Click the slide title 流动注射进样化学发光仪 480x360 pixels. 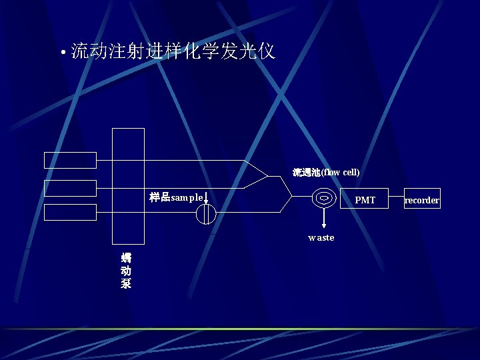[x=173, y=51]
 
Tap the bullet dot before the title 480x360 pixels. [x=62, y=53]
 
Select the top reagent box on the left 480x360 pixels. [x=70, y=160]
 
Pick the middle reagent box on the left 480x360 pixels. [x=70, y=188]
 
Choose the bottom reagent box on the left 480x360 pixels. [x=70, y=212]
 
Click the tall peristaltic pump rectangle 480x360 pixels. [x=128, y=186]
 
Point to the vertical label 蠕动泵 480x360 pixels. [x=126, y=271]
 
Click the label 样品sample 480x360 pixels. [x=176, y=198]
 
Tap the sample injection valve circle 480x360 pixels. [x=207, y=213]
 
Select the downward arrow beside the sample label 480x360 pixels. [x=206, y=198]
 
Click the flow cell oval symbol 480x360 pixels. [x=323, y=198]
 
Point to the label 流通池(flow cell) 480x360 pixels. [x=326, y=172]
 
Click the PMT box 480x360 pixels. [x=365, y=199]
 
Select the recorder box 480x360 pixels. [x=422, y=200]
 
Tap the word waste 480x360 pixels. [x=321, y=237]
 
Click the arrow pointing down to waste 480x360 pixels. [x=323, y=219]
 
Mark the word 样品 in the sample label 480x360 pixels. [x=160, y=198]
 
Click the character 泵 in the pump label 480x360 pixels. [x=126, y=283]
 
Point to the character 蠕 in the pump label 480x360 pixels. [x=126, y=258]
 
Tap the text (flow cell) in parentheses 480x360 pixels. [x=341, y=172]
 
